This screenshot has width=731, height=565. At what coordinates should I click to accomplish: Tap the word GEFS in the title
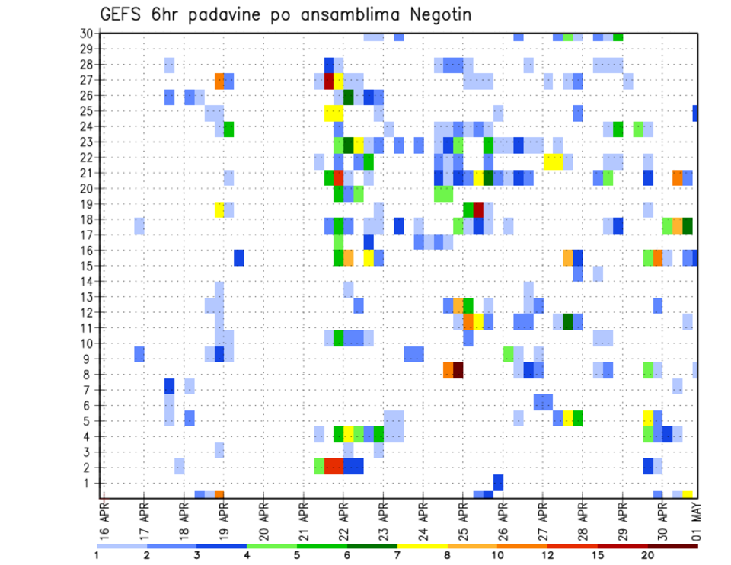(123, 15)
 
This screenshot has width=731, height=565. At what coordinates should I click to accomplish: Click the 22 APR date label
(343, 519)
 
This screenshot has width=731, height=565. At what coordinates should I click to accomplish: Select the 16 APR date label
(104, 519)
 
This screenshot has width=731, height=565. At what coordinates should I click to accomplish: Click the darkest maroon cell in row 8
(458, 370)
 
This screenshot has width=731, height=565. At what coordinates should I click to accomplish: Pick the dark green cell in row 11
(567, 321)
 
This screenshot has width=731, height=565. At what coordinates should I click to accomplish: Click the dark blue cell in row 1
(498, 482)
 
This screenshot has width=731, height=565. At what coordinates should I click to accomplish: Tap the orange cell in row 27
(219, 81)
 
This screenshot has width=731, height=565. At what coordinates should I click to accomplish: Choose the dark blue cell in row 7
(170, 386)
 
